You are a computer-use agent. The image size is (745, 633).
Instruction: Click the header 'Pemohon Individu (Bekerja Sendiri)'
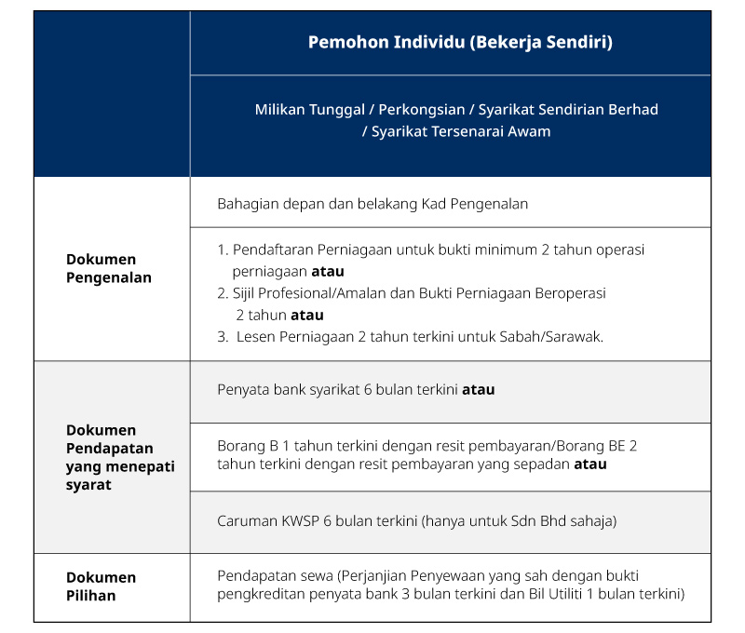tap(460, 43)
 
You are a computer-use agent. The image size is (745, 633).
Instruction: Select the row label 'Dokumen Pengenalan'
tap(108, 268)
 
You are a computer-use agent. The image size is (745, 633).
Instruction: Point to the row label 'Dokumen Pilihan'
tap(101, 586)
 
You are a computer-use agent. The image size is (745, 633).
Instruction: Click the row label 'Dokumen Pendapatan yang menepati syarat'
tap(120, 457)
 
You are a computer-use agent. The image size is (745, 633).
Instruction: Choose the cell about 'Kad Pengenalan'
tap(372, 203)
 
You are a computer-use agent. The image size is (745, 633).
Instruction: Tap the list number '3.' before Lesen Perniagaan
tap(223, 337)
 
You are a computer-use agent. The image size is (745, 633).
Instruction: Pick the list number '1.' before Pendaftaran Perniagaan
tap(223, 250)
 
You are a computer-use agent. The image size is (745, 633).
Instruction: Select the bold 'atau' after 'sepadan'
tap(589, 464)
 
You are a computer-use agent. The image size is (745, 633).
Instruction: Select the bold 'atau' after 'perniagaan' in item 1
tap(328, 272)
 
